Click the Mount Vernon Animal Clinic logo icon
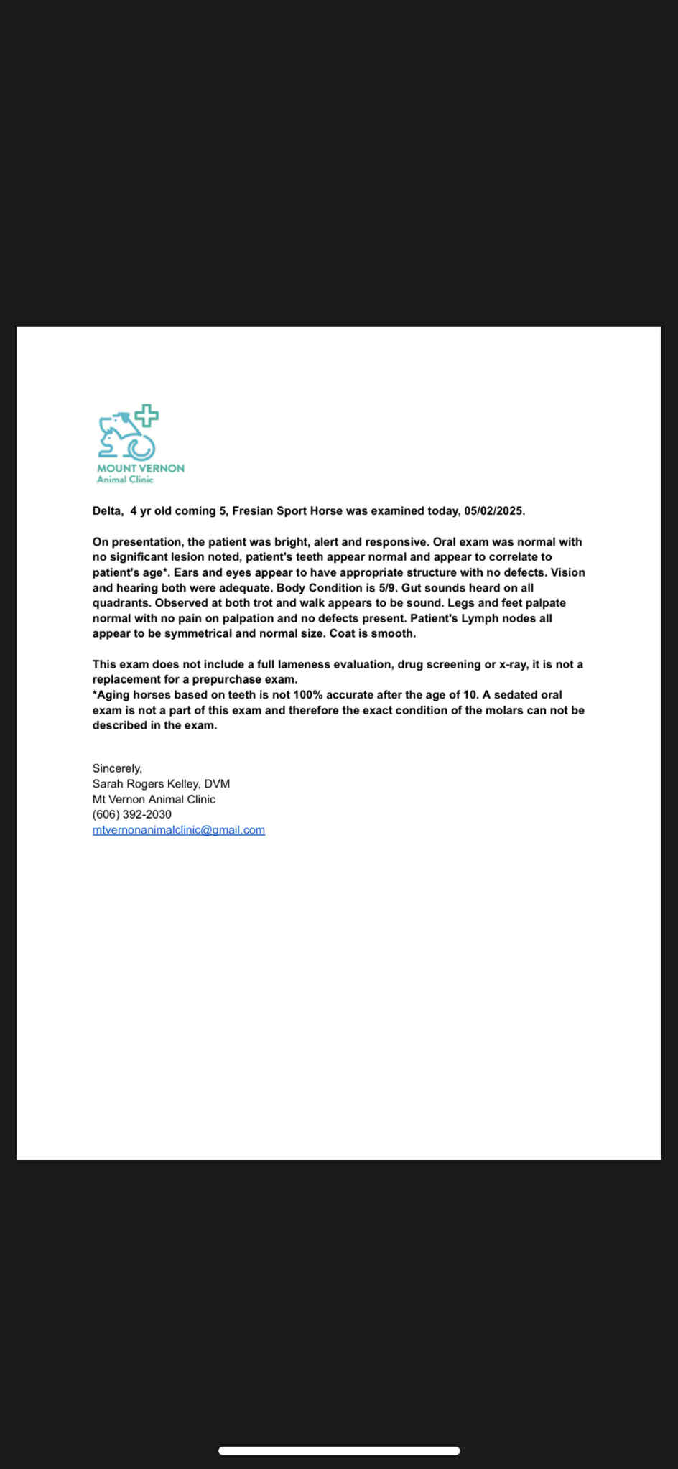pyautogui.click(x=128, y=432)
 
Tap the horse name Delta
pyautogui.click(x=107, y=511)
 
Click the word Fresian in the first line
pyautogui.click(x=252, y=511)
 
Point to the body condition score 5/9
pyautogui.click(x=388, y=588)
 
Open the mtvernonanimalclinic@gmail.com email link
pyautogui.click(x=179, y=830)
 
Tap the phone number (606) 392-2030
pyautogui.click(x=132, y=814)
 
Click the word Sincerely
pyautogui.click(x=117, y=768)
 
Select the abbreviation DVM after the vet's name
pyautogui.click(x=217, y=784)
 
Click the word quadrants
pyautogui.click(x=121, y=603)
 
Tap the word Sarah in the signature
pyautogui.click(x=108, y=784)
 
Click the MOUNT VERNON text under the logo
pyautogui.click(x=141, y=468)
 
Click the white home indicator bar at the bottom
pyautogui.click(x=339, y=1450)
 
